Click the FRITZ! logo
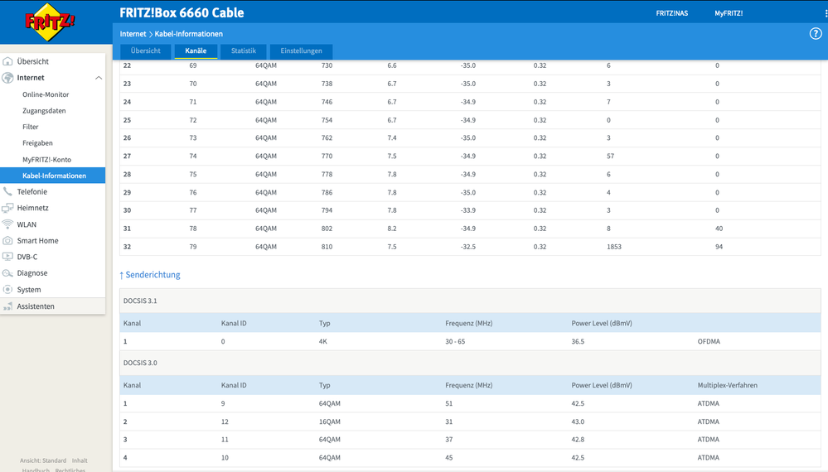tap(50, 22)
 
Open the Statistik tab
tap(244, 51)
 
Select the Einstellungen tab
tap(301, 51)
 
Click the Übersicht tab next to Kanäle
tap(146, 51)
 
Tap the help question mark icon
tap(816, 34)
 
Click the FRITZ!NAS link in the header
tap(671, 13)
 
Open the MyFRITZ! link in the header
tap(729, 13)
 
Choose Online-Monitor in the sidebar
tap(46, 94)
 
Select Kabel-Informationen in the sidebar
tap(54, 176)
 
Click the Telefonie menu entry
tap(31, 192)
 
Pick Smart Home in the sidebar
tap(37, 240)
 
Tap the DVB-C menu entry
tap(27, 257)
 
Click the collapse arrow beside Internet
tap(99, 78)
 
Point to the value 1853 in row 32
tap(614, 247)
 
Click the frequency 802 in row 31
tap(327, 229)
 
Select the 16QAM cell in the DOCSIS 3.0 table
tap(330, 421)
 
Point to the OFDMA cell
tap(709, 342)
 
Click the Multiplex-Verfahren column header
tap(727, 386)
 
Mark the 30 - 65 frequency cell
tap(455, 342)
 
